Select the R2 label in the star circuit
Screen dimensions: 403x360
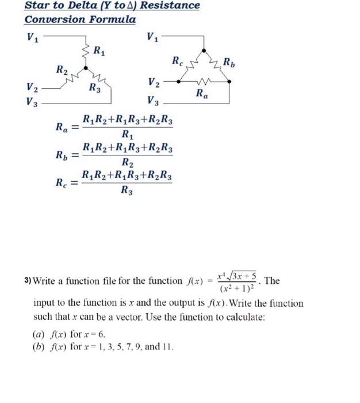click(x=62, y=71)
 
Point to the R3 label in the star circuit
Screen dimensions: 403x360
click(x=95, y=89)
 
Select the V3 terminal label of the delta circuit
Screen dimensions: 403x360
click(x=154, y=102)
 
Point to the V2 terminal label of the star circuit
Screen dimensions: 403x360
click(x=32, y=88)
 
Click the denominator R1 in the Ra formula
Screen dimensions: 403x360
click(x=128, y=136)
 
